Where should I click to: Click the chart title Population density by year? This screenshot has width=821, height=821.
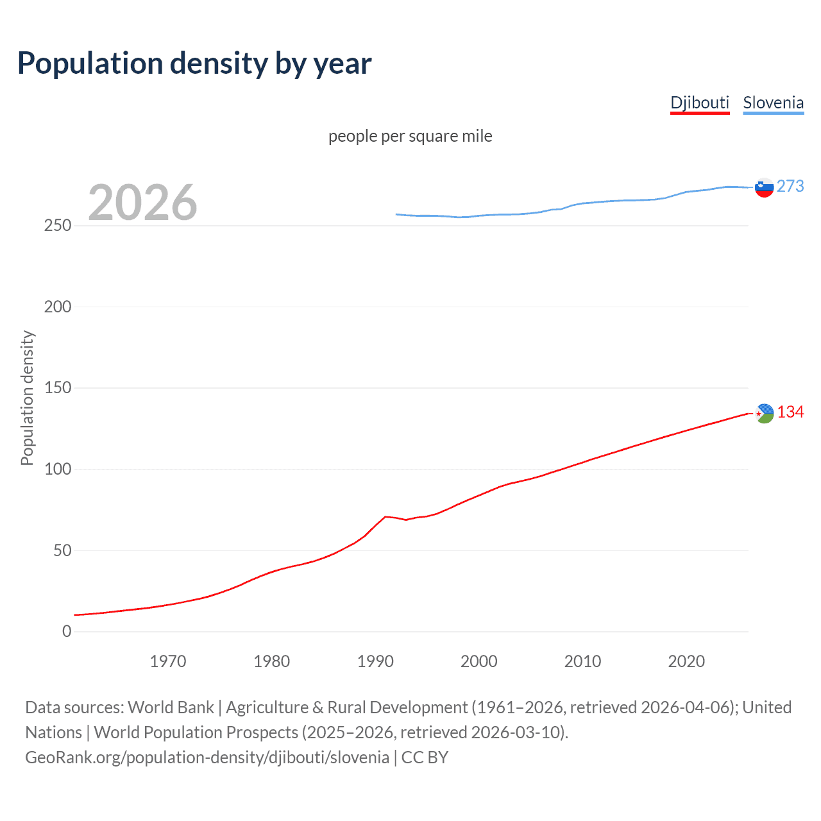coord(194,63)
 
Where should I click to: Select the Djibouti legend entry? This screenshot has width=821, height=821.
coord(700,103)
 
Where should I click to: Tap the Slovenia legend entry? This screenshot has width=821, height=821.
coord(773,103)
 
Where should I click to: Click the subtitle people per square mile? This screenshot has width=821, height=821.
coord(410,136)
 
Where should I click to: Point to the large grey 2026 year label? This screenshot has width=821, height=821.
coord(142,203)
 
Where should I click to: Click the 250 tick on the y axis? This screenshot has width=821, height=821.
coord(58,226)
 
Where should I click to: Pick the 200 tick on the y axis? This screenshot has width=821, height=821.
coord(58,307)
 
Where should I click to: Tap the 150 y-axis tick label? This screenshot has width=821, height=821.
coord(58,388)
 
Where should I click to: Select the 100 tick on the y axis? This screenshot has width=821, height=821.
coord(58,470)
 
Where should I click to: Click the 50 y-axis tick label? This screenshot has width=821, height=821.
coord(62,550)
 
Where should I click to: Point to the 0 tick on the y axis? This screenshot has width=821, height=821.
coord(67,632)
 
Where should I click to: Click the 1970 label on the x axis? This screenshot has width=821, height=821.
coord(168,661)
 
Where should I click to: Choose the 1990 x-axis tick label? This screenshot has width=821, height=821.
coord(375,661)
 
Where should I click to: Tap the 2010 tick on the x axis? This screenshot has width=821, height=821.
coord(582,661)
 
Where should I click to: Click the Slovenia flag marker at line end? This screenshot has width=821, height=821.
coord(764,187)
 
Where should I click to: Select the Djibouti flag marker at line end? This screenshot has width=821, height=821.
coord(764,414)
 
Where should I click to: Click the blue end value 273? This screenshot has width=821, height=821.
coord(790,186)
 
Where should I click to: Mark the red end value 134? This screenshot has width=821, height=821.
coord(790,412)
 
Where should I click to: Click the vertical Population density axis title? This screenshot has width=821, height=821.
coord(27,398)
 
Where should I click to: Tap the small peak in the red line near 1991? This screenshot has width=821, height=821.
coord(385,516)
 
